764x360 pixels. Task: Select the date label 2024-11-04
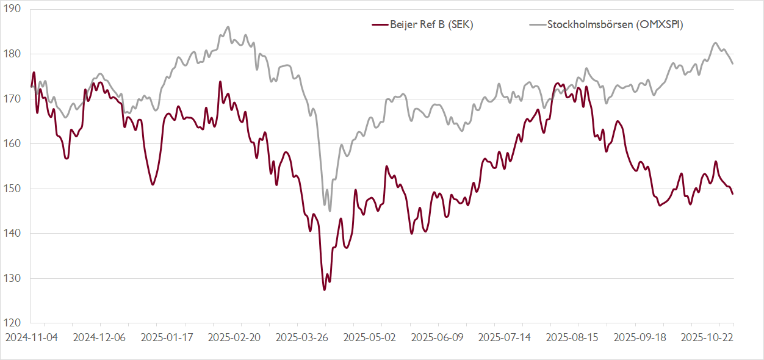(x=32, y=336)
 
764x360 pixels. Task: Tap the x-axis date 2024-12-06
(x=99, y=336)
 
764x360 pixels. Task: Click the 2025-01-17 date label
(x=167, y=336)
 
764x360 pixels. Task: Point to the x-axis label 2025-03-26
(x=301, y=336)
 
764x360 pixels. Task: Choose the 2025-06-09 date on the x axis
(x=437, y=336)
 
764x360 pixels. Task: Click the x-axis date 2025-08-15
(x=572, y=336)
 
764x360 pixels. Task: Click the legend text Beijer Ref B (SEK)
(x=431, y=25)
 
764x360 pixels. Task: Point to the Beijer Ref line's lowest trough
(x=324, y=289)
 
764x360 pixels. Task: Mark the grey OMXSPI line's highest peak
(x=228, y=27)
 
